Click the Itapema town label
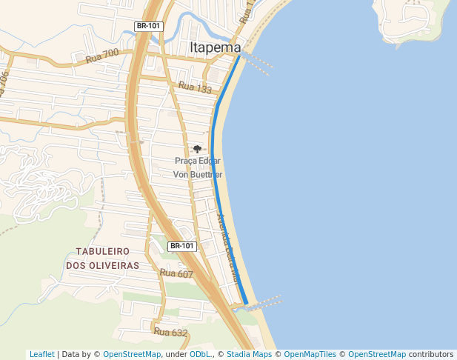216,47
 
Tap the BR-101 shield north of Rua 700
148,26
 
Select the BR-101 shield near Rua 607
182,246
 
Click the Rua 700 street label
102,55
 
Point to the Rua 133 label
196,88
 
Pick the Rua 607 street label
176,274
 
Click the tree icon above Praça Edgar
197,149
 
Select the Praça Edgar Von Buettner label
198,167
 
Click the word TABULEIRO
103,252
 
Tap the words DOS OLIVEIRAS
103,265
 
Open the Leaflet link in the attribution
41,354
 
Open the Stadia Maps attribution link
249,354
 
